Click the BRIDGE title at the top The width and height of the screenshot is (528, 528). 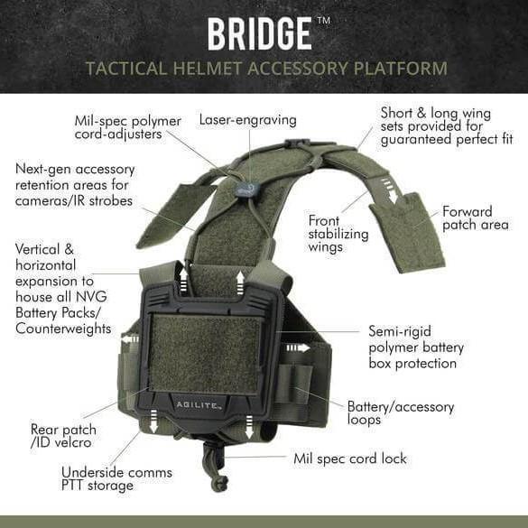click(259, 33)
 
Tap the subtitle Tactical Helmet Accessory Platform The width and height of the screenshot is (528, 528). click(266, 68)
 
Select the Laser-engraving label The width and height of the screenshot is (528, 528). click(247, 119)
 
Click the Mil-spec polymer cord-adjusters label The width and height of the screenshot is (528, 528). click(128, 127)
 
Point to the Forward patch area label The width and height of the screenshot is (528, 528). click(475, 218)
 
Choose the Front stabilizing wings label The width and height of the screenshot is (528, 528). click(338, 233)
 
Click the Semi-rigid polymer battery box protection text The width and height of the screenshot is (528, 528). click(416, 347)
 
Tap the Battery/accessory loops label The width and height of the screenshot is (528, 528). click(400, 412)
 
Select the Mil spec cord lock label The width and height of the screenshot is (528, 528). click(350, 459)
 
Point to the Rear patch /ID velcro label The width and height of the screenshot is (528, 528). click(63, 436)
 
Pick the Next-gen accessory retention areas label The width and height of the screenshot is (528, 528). click(75, 184)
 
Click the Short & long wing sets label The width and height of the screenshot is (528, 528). click(446, 126)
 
